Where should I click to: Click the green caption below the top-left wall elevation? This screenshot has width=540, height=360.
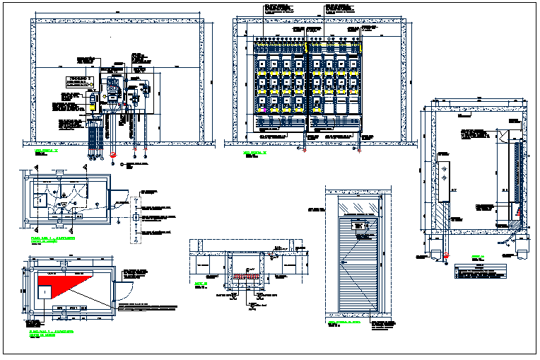point(46,151)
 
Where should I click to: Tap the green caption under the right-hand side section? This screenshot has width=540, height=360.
point(478,256)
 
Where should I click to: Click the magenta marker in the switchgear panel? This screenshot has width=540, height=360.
point(350,91)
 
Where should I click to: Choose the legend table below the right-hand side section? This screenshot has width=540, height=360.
point(480,270)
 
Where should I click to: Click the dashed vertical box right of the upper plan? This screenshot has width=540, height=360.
point(134,219)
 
